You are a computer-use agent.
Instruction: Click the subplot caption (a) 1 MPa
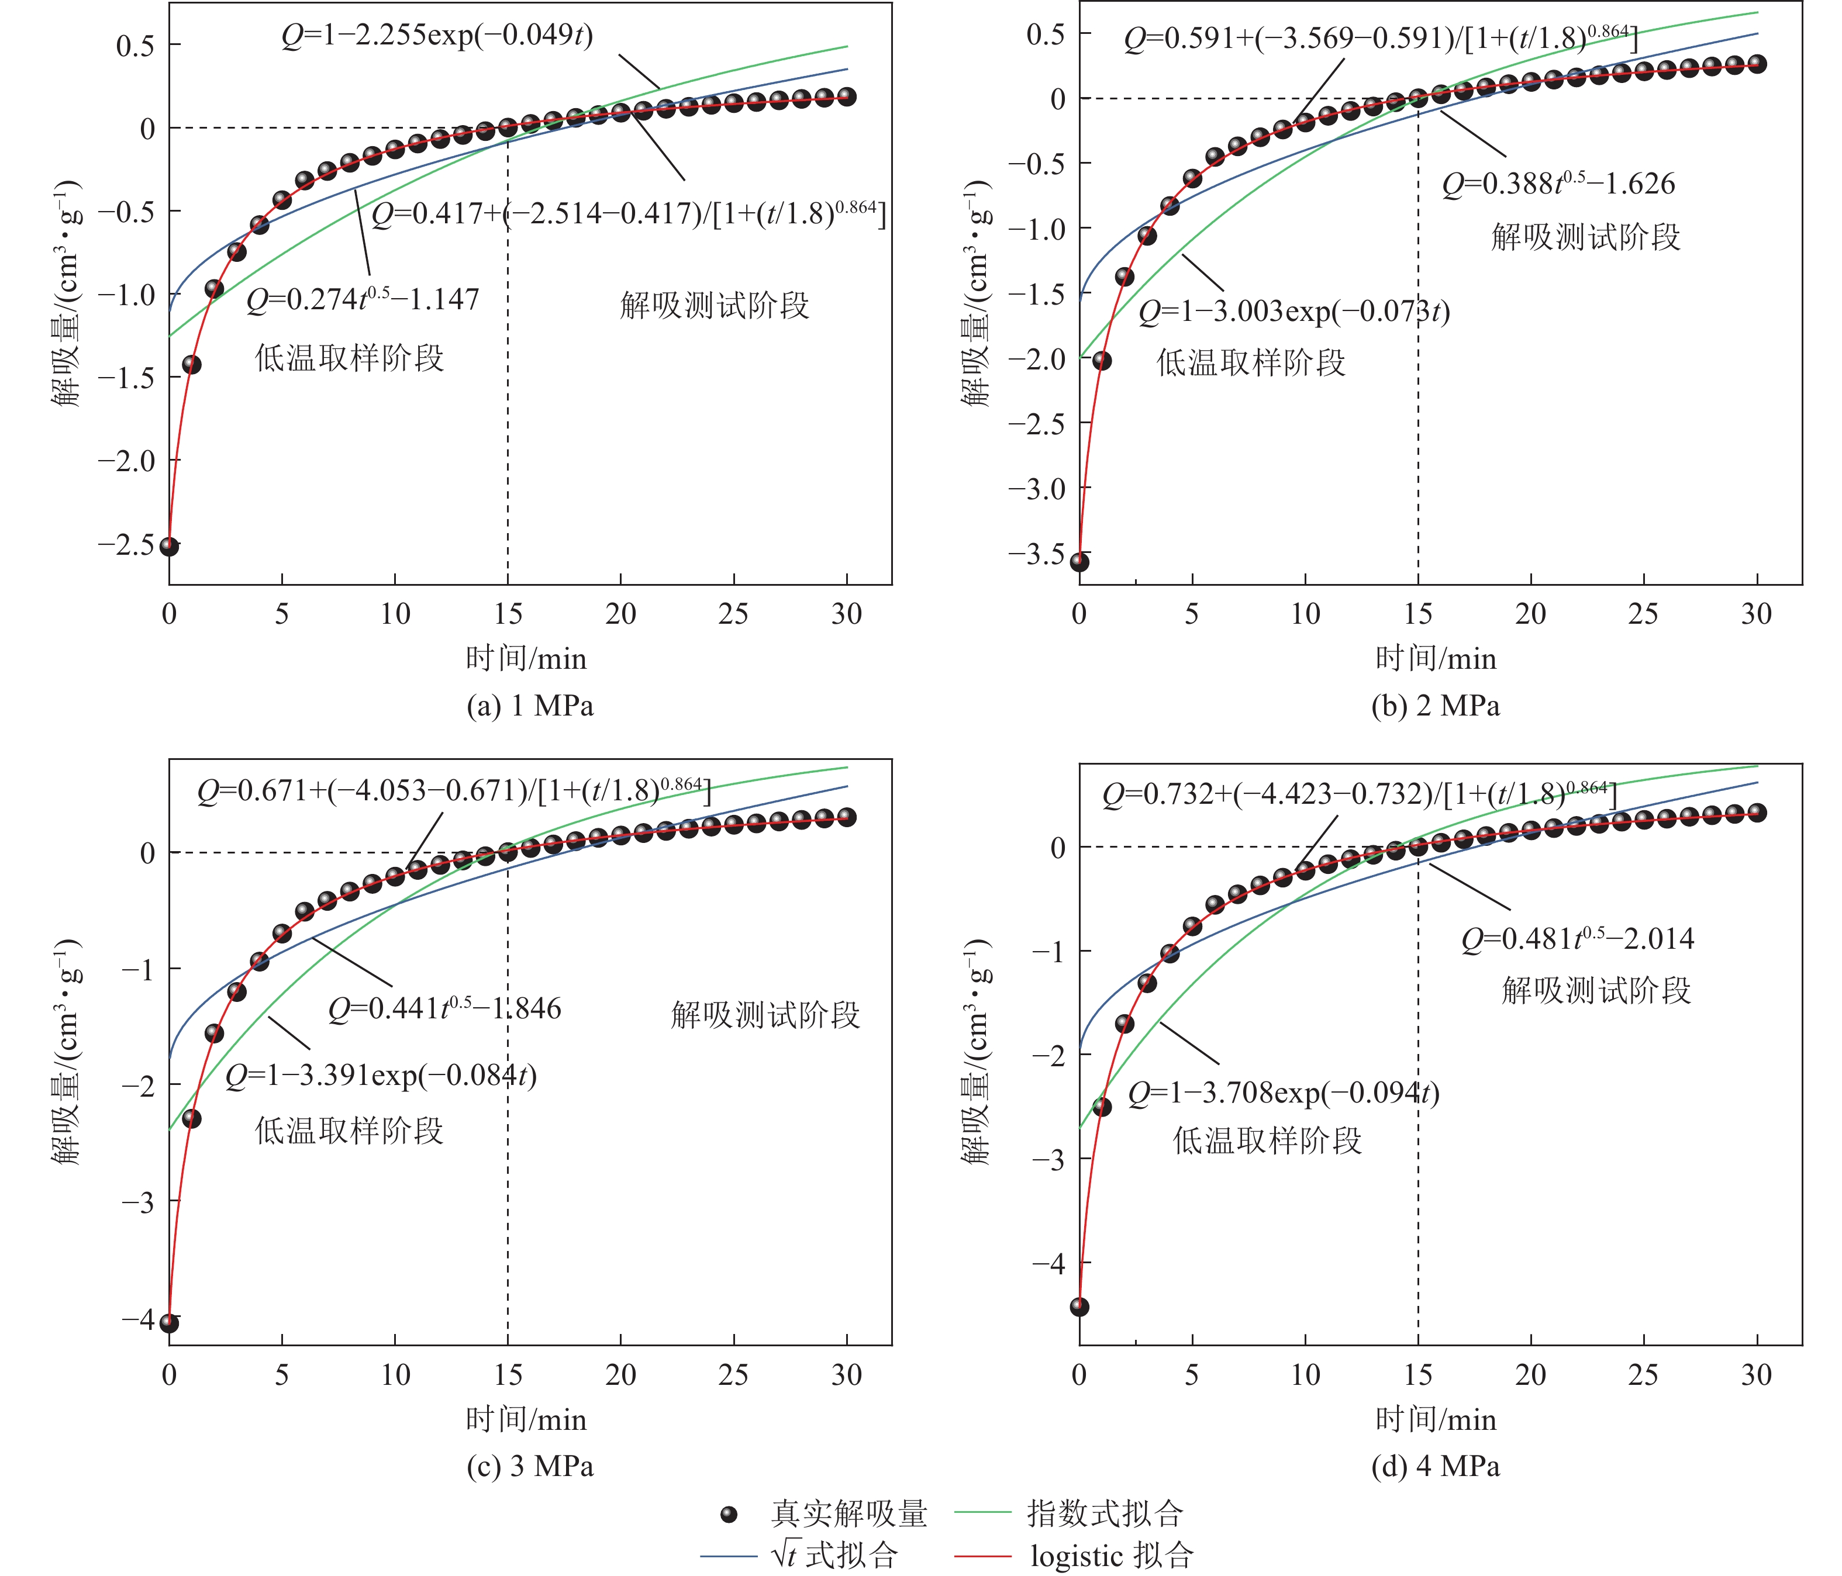[530, 706]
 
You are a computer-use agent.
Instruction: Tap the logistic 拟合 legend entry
[1110, 1557]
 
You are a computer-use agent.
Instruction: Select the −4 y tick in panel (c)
[138, 1318]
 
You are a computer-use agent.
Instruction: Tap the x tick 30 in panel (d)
[1757, 1375]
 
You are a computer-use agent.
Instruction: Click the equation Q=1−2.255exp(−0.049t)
[437, 36]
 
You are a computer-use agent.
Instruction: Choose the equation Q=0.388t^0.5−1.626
[1558, 184]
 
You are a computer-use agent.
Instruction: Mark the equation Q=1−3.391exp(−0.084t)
[381, 1076]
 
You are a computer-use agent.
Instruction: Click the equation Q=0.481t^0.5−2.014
[1578, 939]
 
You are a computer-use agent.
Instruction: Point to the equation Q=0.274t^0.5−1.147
[363, 299]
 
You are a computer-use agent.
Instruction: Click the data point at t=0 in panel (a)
[169, 546]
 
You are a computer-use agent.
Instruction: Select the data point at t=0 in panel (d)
[1079, 1307]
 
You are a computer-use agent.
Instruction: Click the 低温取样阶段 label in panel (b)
[1250, 362]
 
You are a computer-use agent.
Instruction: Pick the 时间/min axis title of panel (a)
[526, 659]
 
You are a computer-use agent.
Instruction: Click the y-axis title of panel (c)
[67, 1052]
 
